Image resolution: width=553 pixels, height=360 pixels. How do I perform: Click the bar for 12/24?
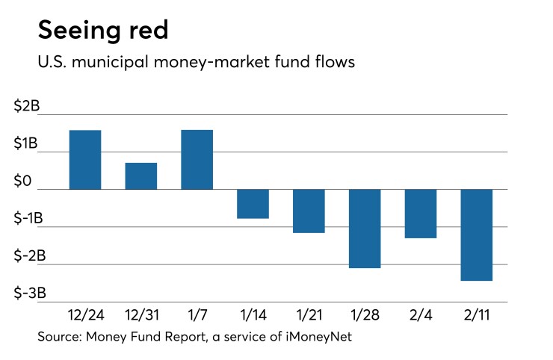85,160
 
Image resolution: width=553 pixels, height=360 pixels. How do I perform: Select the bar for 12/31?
141,176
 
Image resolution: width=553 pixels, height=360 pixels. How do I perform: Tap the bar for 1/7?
197,160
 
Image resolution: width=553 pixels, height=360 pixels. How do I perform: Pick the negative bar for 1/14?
253,203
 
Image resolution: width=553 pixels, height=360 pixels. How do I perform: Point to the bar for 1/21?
309,211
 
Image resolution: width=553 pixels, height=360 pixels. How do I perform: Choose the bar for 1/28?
365,228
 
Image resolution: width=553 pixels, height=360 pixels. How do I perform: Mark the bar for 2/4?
421,214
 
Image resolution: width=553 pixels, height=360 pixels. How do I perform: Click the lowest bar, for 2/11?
477,235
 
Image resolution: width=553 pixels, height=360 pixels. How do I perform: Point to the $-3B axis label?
29,294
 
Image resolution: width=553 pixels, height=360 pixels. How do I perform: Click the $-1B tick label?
29,219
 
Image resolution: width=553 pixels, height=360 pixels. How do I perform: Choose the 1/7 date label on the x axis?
197,315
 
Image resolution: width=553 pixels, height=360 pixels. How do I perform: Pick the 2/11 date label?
477,315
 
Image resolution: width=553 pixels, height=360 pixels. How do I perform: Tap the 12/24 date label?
85,315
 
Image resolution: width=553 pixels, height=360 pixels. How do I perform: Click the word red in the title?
140,30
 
